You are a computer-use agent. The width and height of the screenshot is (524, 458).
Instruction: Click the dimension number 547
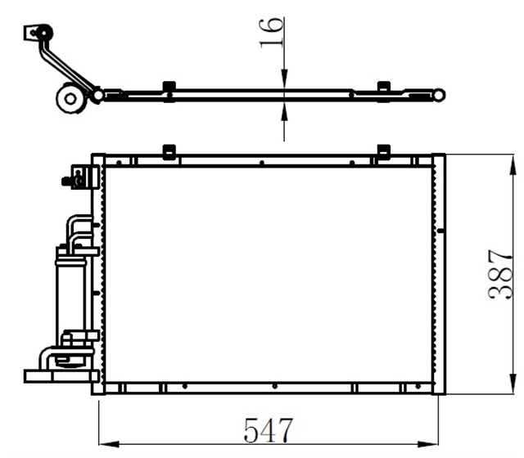[x=268, y=430]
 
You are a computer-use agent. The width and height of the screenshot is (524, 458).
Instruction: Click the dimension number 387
[x=500, y=274]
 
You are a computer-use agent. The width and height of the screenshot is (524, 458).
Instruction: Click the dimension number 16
[x=272, y=33]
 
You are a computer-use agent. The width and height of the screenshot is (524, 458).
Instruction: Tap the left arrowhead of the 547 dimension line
[x=109, y=444]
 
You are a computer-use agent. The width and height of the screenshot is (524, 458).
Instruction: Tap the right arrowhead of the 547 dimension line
[x=427, y=444]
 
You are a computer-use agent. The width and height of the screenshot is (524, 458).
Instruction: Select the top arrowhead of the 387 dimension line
[x=512, y=165]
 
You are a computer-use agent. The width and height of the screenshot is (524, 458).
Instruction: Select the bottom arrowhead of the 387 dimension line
[x=512, y=384]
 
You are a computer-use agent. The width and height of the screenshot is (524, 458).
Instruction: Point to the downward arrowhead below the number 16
[x=284, y=79]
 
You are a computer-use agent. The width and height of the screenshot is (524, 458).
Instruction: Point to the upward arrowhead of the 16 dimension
[x=284, y=111]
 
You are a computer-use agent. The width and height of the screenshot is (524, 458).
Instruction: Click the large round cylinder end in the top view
[x=70, y=98]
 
